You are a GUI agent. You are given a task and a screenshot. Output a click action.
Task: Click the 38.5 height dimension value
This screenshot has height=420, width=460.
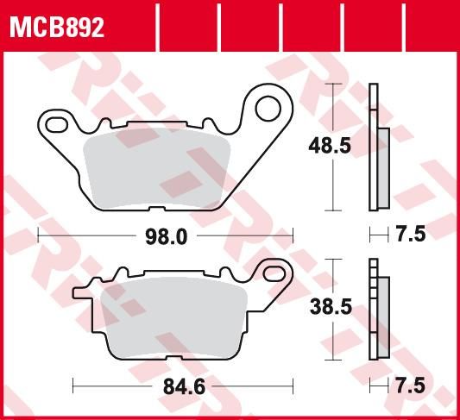click(x=329, y=304)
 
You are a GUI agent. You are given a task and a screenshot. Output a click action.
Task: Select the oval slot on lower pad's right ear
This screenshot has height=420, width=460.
click(x=276, y=278)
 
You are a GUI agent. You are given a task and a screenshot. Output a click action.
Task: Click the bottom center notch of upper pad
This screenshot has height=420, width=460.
click(x=156, y=210)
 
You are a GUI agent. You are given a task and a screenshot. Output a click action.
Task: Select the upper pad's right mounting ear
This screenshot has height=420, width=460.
click(x=268, y=116)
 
